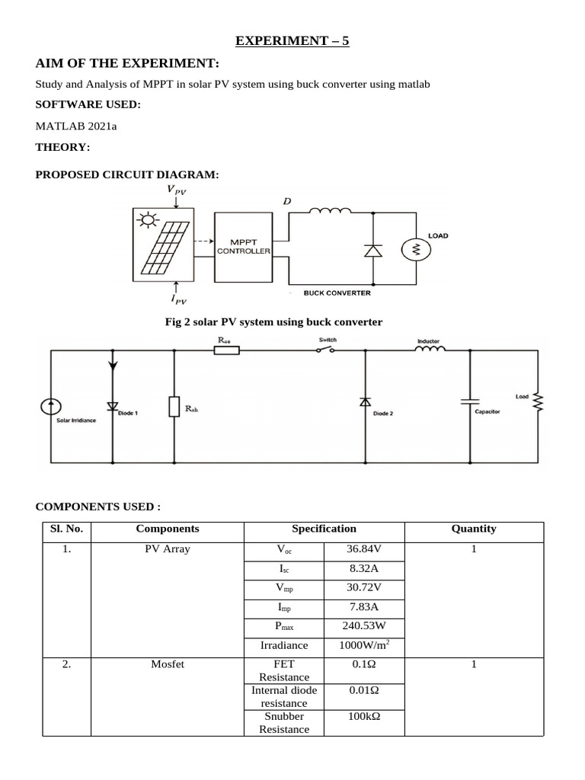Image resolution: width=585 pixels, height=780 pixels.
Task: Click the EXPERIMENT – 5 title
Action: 292,41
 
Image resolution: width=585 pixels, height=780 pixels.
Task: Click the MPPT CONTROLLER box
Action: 243,246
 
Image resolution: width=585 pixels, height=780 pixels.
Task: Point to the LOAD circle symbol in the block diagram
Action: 416,248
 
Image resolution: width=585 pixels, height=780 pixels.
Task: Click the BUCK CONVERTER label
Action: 337,292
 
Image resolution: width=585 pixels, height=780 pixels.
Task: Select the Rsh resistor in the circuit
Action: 174,408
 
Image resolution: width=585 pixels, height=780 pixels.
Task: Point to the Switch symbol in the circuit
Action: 326,350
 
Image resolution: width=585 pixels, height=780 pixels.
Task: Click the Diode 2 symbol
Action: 365,401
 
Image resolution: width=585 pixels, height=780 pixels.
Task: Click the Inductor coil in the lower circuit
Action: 430,350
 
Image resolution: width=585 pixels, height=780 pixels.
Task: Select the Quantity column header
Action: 473,529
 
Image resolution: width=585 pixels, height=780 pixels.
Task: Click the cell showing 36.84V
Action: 363,548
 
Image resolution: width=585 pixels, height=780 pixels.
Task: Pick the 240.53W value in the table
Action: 363,626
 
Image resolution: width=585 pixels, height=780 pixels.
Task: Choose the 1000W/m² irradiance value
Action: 363,646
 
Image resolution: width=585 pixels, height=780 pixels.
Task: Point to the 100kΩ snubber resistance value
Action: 363,717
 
